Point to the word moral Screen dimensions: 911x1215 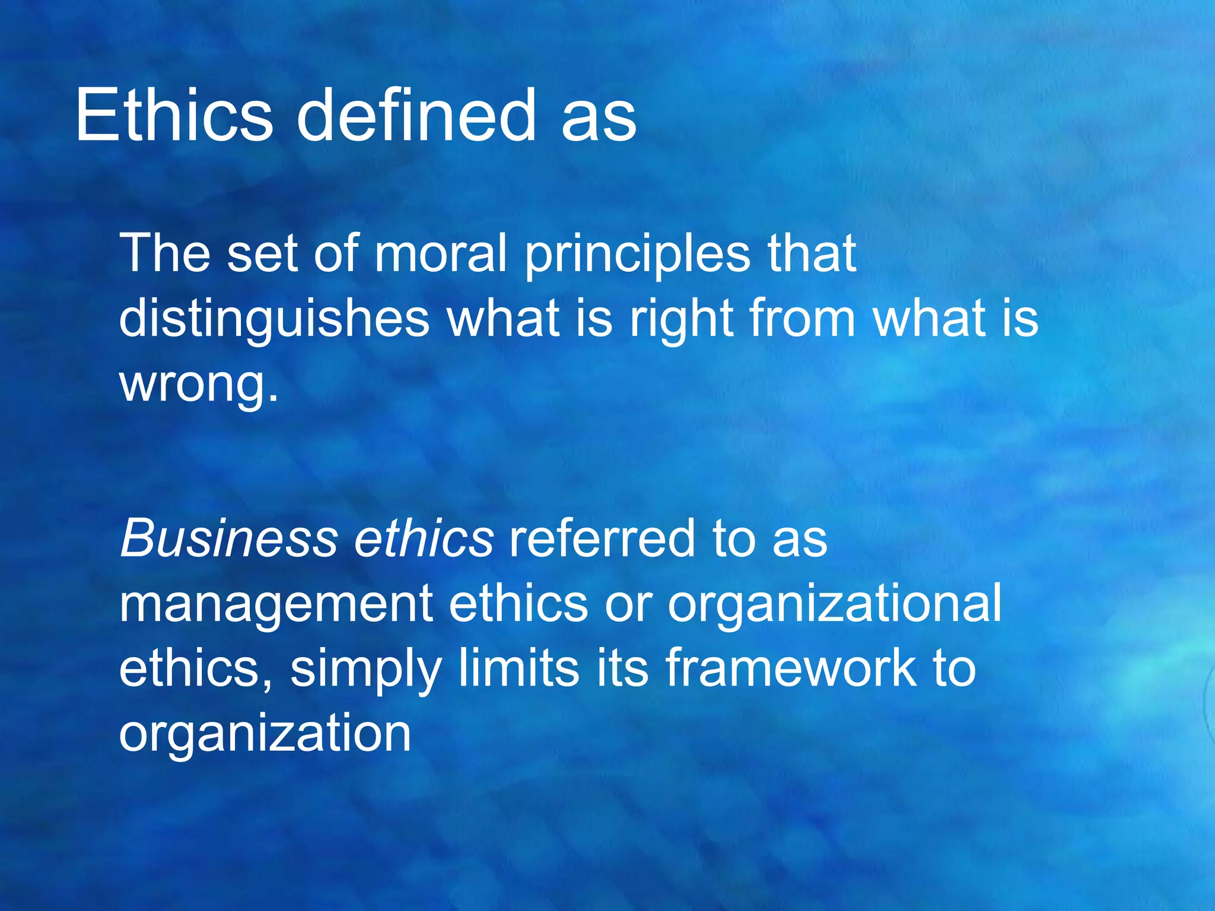point(440,253)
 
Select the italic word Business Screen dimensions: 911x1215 point(229,539)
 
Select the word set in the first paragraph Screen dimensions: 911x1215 point(262,253)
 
